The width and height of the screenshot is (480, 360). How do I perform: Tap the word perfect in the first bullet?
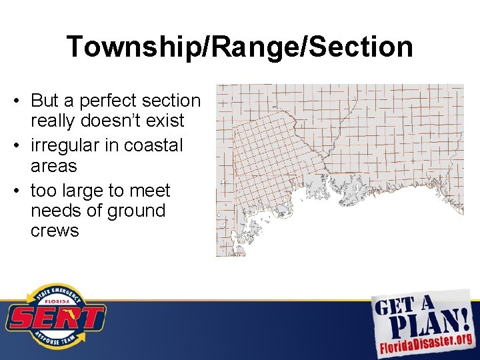[x=106, y=101]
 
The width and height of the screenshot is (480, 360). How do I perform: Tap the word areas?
[x=53, y=165]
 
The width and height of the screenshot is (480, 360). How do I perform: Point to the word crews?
[x=55, y=231]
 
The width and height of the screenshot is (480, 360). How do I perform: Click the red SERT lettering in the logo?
[x=55, y=318]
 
